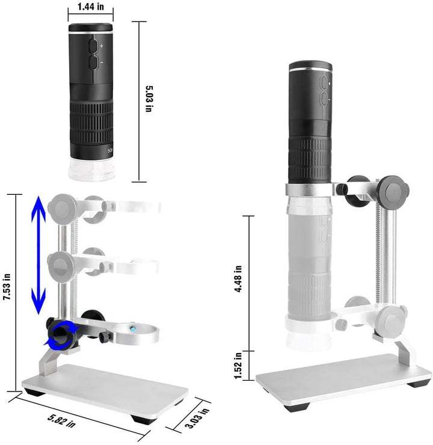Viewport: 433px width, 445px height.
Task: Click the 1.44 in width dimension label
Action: point(91,7)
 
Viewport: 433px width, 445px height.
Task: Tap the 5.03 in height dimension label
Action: point(149,99)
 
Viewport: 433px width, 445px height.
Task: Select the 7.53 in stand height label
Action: point(7,287)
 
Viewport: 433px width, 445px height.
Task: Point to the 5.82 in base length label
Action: point(61,421)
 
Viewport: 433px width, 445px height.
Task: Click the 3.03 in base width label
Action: point(197,418)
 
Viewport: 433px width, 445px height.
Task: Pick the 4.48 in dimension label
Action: point(238,278)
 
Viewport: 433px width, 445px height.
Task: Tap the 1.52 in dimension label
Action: point(238,366)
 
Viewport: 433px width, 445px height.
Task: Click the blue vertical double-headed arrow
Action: point(38,255)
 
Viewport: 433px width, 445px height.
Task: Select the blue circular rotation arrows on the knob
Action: point(61,334)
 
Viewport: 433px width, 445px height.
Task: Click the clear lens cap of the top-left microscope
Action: point(91,170)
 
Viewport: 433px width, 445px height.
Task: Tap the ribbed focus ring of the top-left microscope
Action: point(91,122)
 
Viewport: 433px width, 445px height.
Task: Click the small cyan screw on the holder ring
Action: point(133,329)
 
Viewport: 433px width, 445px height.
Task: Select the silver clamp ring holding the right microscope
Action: point(310,190)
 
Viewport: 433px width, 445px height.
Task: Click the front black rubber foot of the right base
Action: point(297,408)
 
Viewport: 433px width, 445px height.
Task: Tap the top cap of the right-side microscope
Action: point(311,66)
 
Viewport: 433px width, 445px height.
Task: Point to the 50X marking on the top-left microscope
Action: point(110,150)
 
